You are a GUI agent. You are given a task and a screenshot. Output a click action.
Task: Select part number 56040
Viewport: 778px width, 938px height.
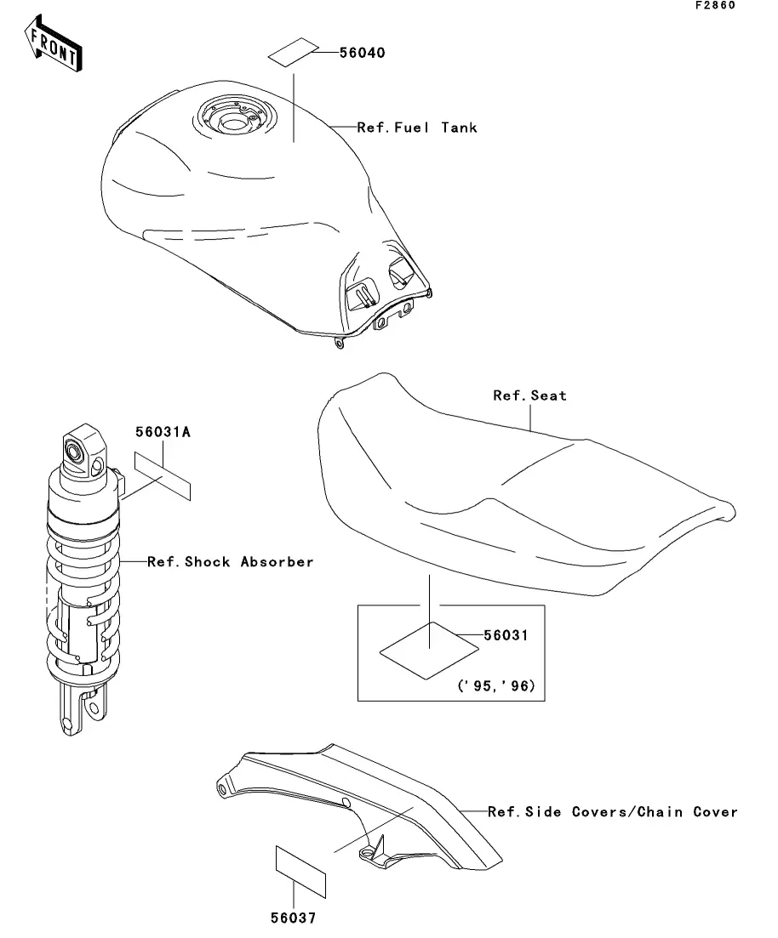coord(362,53)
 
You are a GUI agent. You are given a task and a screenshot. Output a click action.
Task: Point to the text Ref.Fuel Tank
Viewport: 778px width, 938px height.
coord(417,128)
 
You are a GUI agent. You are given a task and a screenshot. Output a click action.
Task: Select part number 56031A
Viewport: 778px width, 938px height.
coord(163,432)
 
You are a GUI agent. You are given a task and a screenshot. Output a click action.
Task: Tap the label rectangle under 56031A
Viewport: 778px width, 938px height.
coord(162,476)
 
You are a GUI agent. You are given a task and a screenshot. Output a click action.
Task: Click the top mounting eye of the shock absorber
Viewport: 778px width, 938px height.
coord(78,450)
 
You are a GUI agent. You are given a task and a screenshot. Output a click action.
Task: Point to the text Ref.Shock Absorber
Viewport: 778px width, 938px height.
coord(230,561)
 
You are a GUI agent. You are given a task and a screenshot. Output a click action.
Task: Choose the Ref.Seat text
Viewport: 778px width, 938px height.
coord(529,395)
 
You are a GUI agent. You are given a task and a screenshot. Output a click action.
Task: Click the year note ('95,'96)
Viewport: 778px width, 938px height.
coord(496,685)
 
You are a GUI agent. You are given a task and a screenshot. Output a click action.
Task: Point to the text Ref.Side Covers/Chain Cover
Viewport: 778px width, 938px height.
coord(612,812)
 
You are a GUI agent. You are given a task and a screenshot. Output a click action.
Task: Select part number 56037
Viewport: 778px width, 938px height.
coord(294,918)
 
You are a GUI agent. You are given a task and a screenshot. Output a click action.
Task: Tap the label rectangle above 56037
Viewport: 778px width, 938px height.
coord(300,870)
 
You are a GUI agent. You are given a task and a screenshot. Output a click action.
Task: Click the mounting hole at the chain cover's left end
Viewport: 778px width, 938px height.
coord(223,788)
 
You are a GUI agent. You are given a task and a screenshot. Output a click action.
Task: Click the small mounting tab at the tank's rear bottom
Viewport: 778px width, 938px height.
coord(340,344)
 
